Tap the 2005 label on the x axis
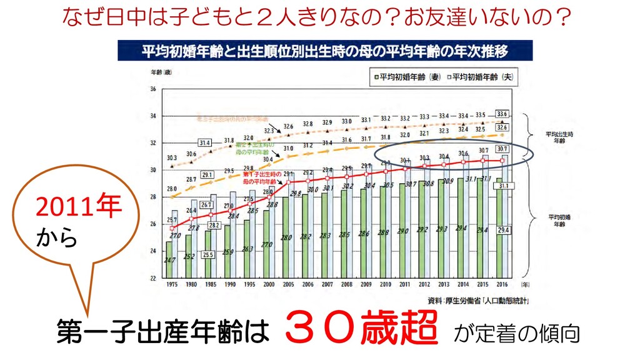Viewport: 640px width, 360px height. (x=289, y=284)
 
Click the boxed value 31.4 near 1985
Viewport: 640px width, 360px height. (x=205, y=142)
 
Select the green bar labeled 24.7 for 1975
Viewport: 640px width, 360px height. (x=169, y=259)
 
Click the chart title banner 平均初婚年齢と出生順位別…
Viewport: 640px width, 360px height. (x=325, y=50)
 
